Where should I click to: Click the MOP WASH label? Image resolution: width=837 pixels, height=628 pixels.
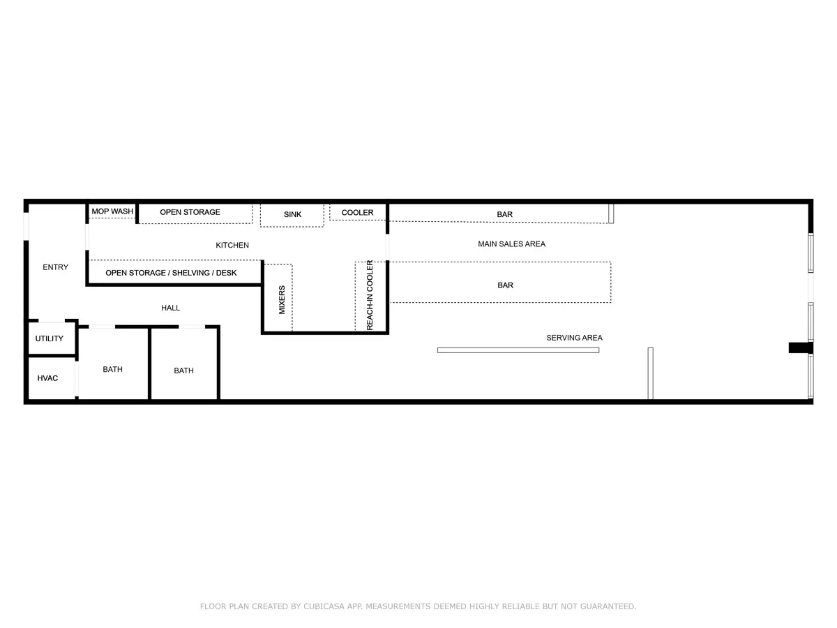pos(112,211)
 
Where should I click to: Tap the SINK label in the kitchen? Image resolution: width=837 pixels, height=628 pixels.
pos(292,214)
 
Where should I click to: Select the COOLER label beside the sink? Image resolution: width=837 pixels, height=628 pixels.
pos(357,212)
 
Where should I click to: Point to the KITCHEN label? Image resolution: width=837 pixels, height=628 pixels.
pos(232,245)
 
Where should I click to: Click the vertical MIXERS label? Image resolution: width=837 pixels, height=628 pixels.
pos(282,300)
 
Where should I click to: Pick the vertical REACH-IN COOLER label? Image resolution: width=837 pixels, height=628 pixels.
pos(370,295)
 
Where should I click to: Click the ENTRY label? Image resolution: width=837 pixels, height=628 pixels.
pos(55,267)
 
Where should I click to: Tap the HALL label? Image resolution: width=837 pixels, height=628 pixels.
pos(170,308)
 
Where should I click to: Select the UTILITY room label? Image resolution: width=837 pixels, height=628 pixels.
pos(50,338)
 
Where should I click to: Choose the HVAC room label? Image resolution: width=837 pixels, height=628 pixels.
pos(47,378)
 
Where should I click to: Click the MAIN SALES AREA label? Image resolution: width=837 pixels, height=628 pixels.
pos(512,244)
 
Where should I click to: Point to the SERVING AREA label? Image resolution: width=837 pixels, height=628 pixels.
pos(574,338)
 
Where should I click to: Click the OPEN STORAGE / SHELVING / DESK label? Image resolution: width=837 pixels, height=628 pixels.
pos(171,273)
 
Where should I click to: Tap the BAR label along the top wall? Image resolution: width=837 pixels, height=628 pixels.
pos(504,215)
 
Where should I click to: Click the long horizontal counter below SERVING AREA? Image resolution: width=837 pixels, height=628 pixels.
pos(518,350)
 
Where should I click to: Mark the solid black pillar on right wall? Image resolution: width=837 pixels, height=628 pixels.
pos(801,347)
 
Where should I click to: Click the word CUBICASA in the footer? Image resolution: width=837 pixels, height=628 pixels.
pos(324,606)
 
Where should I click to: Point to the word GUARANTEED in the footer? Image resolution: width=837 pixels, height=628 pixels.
pos(608,606)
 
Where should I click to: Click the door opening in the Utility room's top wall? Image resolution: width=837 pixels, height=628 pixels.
pos(52,321)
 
